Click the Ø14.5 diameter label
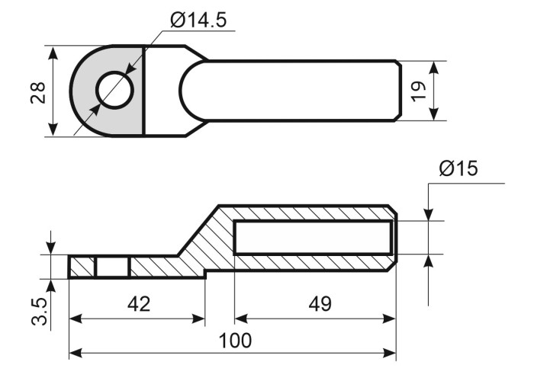coord(198,21)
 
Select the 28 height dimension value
coord(38,92)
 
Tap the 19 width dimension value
coord(419,91)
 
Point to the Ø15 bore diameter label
coord(458,168)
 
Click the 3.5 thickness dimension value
coord(39,311)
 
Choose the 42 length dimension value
coord(139,304)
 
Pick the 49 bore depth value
coord(320,304)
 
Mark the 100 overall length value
coord(235,341)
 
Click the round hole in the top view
coord(114,90)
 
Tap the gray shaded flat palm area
coord(108,91)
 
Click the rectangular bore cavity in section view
coord(313,238)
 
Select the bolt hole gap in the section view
coord(113,267)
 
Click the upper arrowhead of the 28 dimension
coord(52,53)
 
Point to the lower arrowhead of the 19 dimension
coord(433,114)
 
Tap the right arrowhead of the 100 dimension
coord(389,353)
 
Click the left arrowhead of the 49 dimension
coord(242,319)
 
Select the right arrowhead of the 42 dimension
coord(198,319)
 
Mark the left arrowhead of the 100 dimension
coord(76,353)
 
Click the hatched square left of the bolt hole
coord(82,267)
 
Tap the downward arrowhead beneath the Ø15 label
coord(429,214)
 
